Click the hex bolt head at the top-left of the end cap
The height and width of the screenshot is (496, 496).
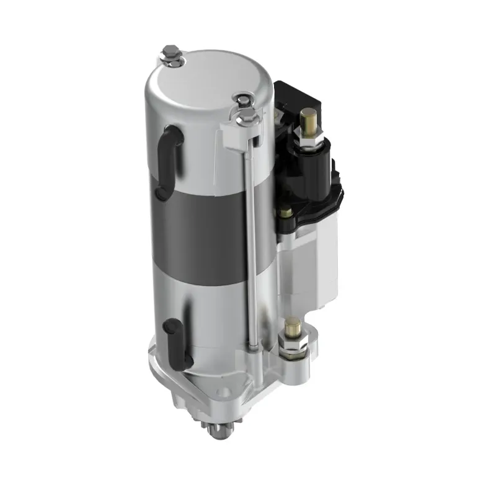click(x=170, y=55)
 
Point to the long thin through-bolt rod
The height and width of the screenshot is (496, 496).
click(x=252, y=236)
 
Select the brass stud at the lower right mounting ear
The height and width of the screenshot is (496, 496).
click(x=291, y=326)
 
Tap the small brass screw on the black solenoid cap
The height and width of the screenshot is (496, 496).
click(x=286, y=213)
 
